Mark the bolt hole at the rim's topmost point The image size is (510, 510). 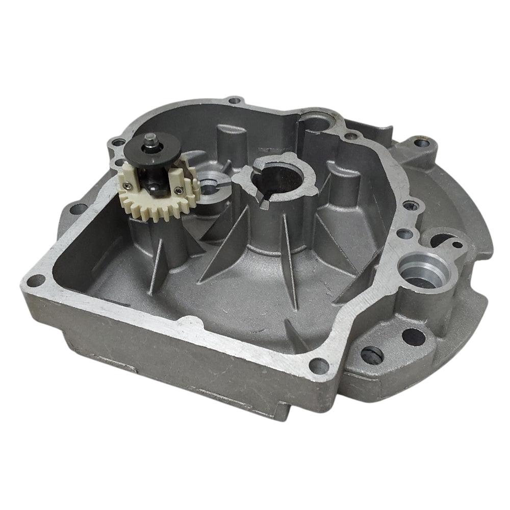pos(234,100)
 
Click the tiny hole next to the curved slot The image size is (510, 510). pos(457,245)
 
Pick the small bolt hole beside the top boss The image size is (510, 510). pos(352,136)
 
